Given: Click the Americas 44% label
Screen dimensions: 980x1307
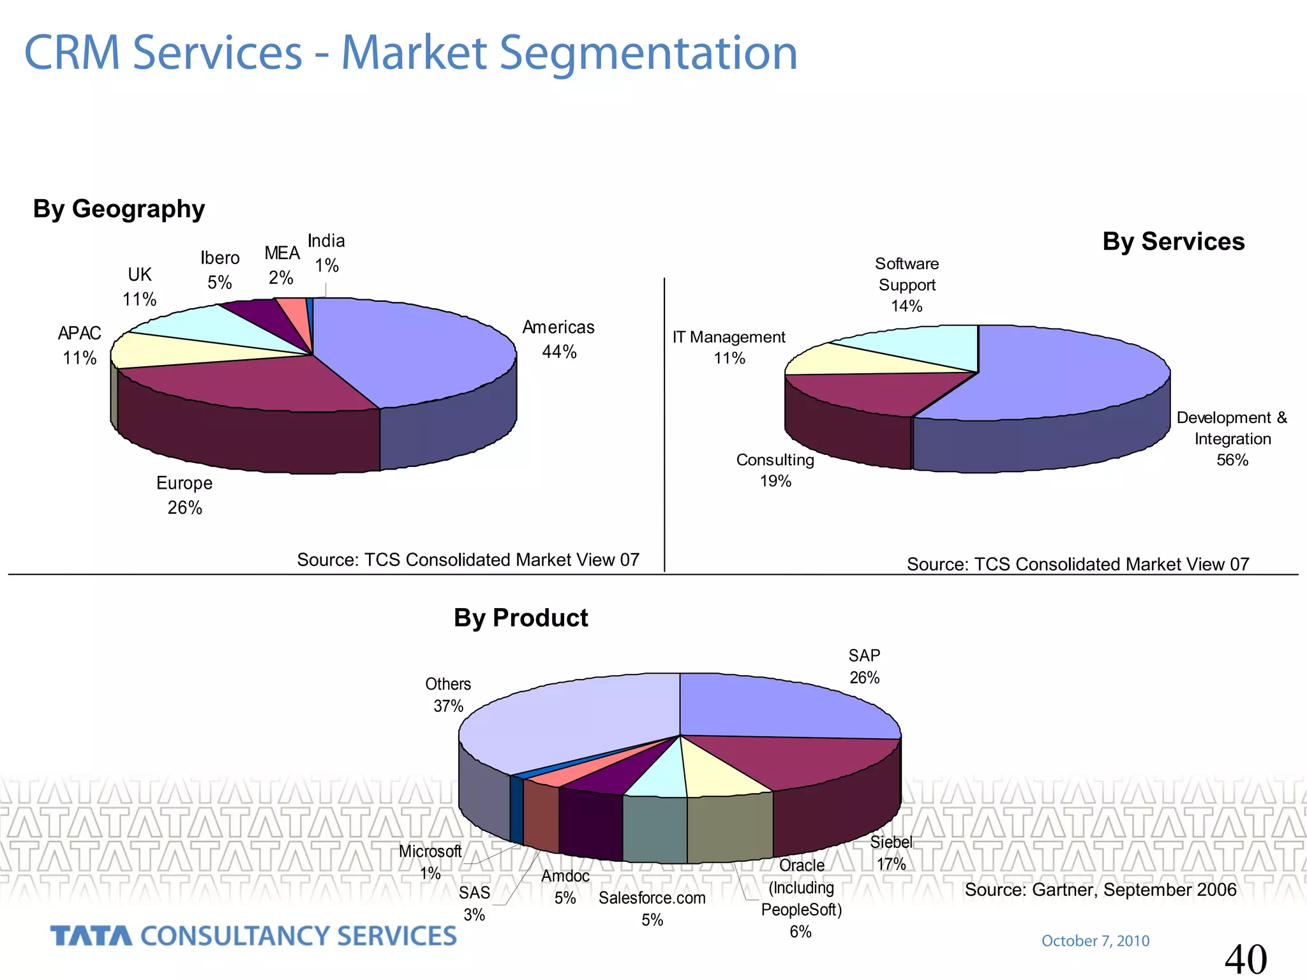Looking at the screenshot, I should [x=558, y=339].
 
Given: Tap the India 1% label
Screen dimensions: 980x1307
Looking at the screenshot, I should [x=326, y=253].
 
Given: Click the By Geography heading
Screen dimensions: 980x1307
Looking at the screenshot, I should [x=119, y=209].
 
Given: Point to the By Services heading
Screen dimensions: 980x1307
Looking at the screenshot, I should [x=1173, y=242].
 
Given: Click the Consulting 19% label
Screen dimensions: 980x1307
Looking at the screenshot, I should [x=775, y=470].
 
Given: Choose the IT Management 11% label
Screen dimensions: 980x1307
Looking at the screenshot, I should [x=729, y=347].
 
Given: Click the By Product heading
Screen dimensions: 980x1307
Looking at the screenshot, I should [x=521, y=618].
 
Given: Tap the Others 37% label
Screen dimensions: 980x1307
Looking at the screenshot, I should [x=448, y=695].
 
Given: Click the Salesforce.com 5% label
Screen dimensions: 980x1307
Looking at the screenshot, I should [x=652, y=909].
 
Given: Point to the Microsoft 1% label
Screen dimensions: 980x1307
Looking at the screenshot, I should [x=430, y=862].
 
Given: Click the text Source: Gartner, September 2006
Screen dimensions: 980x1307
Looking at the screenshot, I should [x=1100, y=889].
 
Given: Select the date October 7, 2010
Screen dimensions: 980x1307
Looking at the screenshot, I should [x=1095, y=940].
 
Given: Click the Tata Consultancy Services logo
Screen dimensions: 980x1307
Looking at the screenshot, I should [x=253, y=936].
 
